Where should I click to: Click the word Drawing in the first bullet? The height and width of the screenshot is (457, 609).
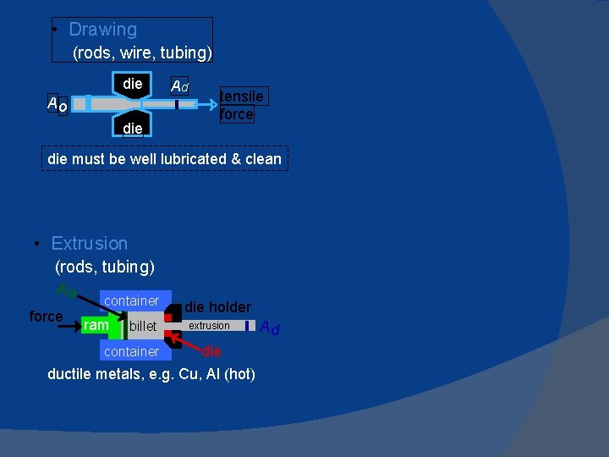[102, 30]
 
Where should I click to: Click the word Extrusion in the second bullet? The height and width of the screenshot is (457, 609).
[89, 244]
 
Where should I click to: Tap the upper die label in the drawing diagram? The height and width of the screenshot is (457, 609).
[133, 84]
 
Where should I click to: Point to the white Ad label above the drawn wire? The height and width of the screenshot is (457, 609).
[179, 86]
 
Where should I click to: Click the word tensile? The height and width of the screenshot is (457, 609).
[241, 96]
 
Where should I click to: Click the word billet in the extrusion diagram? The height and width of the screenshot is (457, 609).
[143, 326]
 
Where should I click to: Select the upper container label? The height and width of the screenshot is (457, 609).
[131, 300]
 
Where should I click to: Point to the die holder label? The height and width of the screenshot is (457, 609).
[217, 306]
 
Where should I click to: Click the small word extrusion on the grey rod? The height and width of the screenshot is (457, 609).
[209, 325]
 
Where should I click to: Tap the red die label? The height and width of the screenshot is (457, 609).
[211, 350]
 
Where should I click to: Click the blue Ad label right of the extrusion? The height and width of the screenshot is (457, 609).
[270, 327]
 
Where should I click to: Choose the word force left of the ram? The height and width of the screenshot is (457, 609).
[46, 317]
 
